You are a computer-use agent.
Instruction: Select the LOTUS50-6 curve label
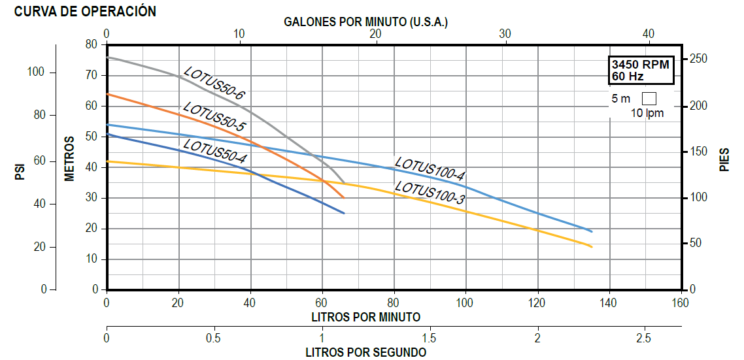pos(214,84)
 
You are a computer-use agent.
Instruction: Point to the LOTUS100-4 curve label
pos(430,169)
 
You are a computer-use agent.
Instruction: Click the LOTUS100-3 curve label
pos(430,193)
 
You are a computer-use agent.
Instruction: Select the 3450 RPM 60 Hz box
pos(640,71)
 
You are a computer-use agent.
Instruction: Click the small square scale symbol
pos(649,99)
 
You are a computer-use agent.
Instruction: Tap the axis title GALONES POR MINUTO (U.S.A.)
pos(365,22)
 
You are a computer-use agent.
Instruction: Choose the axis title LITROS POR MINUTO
pos(365,317)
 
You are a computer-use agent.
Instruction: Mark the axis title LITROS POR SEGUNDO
pos(365,352)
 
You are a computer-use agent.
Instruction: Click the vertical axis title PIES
pos(724,160)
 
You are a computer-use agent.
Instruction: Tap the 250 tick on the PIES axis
pos(699,59)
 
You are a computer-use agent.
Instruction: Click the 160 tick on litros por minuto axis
pos(680,303)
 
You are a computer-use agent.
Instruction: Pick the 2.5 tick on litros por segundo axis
pos(644,338)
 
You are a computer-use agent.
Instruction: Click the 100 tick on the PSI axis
pos(37,73)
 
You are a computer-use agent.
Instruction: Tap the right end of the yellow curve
pos(592,247)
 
